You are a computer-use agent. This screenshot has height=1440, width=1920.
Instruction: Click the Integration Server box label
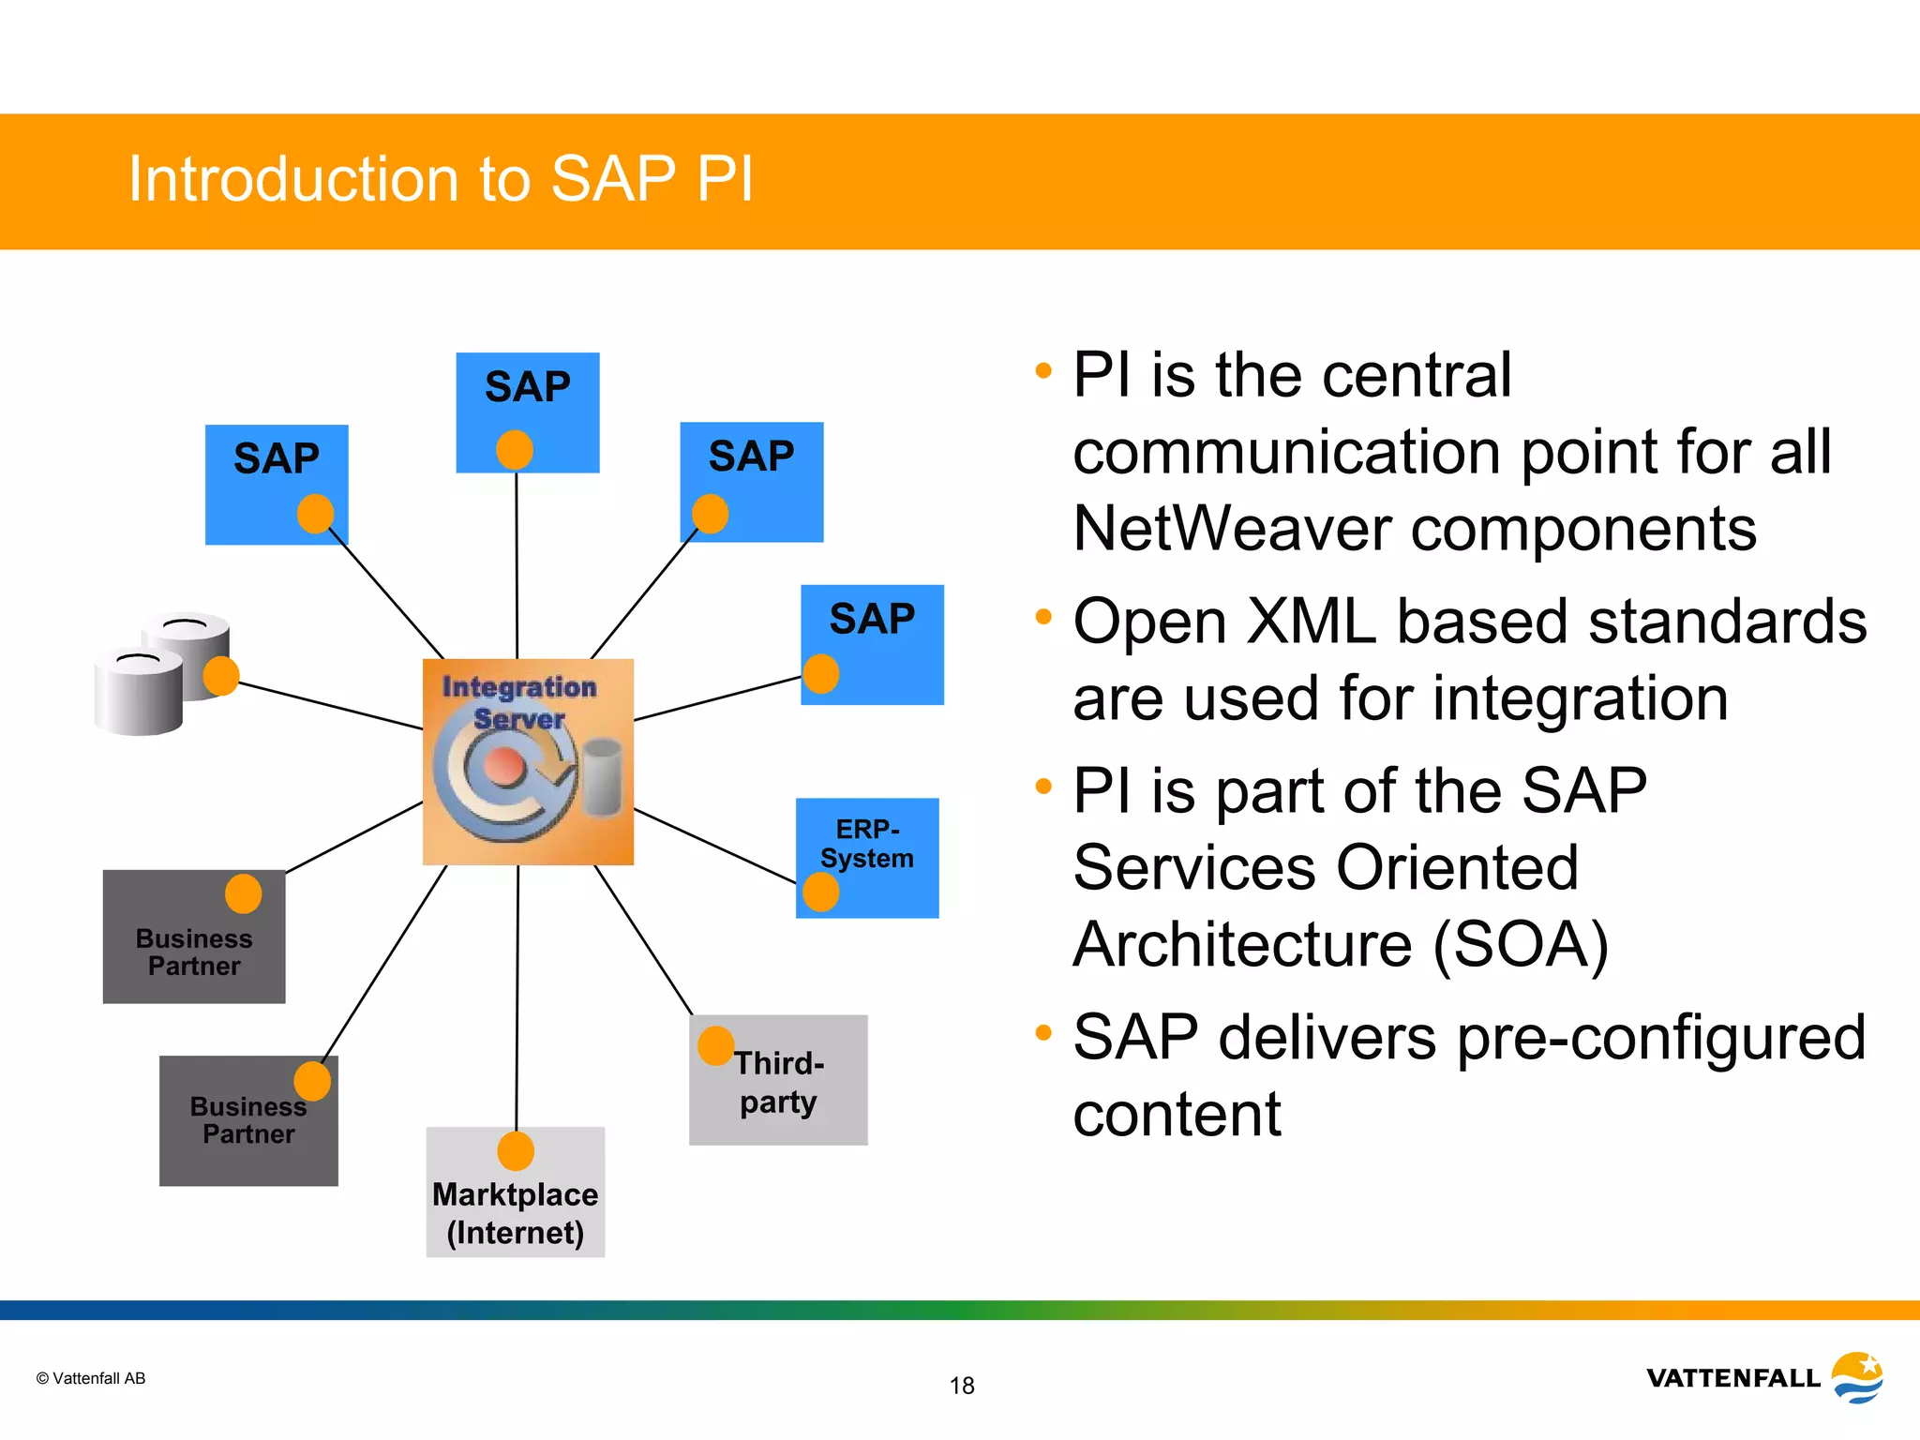pyautogui.click(x=519, y=702)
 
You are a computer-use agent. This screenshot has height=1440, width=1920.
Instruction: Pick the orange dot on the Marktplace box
pyautogui.click(x=516, y=1151)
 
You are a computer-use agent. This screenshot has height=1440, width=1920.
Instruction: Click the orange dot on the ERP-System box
pyautogui.click(x=821, y=892)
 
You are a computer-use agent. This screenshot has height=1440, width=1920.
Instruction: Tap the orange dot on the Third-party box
pyautogui.click(x=716, y=1045)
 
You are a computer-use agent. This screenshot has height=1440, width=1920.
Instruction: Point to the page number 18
pyautogui.click(x=962, y=1386)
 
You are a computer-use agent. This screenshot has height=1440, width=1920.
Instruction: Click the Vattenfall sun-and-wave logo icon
pyautogui.click(x=1858, y=1377)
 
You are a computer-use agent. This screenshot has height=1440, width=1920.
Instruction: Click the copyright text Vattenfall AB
pyautogui.click(x=91, y=1378)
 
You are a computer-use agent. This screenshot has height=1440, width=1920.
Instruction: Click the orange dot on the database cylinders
pyautogui.click(x=222, y=676)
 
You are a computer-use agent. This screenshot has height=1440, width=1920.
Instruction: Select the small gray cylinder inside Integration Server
pyautogui.click(x=602, y=774)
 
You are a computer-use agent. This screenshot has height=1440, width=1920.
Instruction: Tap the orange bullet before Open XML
pyautogui.click(x=1043, y=617)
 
